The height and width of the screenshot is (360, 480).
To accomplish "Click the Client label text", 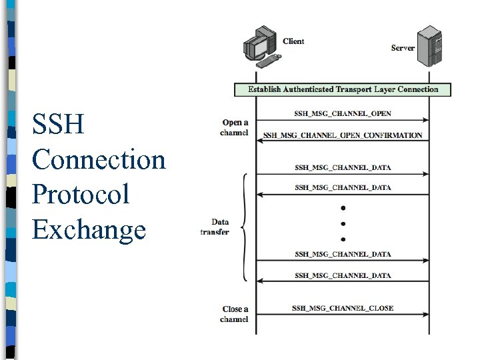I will [293, 41].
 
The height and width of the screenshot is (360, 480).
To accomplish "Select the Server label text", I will [403, 48].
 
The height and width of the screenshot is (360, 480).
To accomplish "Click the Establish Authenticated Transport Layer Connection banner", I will [343, 89].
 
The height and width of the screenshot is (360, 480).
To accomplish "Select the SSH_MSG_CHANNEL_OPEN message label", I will [343, 113].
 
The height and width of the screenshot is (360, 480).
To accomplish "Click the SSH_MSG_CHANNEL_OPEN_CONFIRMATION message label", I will [343, 135].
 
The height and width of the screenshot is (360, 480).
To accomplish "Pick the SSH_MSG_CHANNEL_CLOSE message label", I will [343, 308].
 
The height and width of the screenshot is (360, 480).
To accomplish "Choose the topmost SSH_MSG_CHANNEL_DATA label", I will [343, 167].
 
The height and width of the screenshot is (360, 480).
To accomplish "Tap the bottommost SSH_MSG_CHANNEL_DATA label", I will [343, 275].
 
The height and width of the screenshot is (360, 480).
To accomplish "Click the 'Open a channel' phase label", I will [234, 127].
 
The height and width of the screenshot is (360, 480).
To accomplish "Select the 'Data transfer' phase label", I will [215, 227].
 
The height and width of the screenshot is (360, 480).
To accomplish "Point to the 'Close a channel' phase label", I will [234, 314].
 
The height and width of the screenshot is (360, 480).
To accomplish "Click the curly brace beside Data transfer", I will [245, 227].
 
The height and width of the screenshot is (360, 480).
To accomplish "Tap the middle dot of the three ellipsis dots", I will [343, 223].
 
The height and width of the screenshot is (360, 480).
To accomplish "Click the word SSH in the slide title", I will [58, 125].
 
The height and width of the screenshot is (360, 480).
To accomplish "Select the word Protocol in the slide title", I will [80, 195].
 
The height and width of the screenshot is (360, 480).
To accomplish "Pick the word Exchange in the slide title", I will [89, 229].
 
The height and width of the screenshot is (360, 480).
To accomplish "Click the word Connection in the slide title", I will [98, 160].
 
